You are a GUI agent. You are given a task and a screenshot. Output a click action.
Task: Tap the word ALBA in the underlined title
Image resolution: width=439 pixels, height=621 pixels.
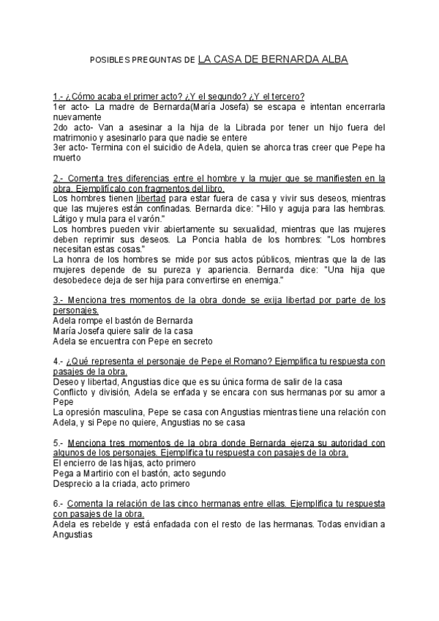[332, 59]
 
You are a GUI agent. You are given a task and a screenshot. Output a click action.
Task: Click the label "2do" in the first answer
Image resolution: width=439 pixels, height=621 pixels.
[61, 127]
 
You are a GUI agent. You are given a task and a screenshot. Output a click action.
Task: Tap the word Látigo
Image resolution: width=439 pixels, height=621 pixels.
[67, 219]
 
